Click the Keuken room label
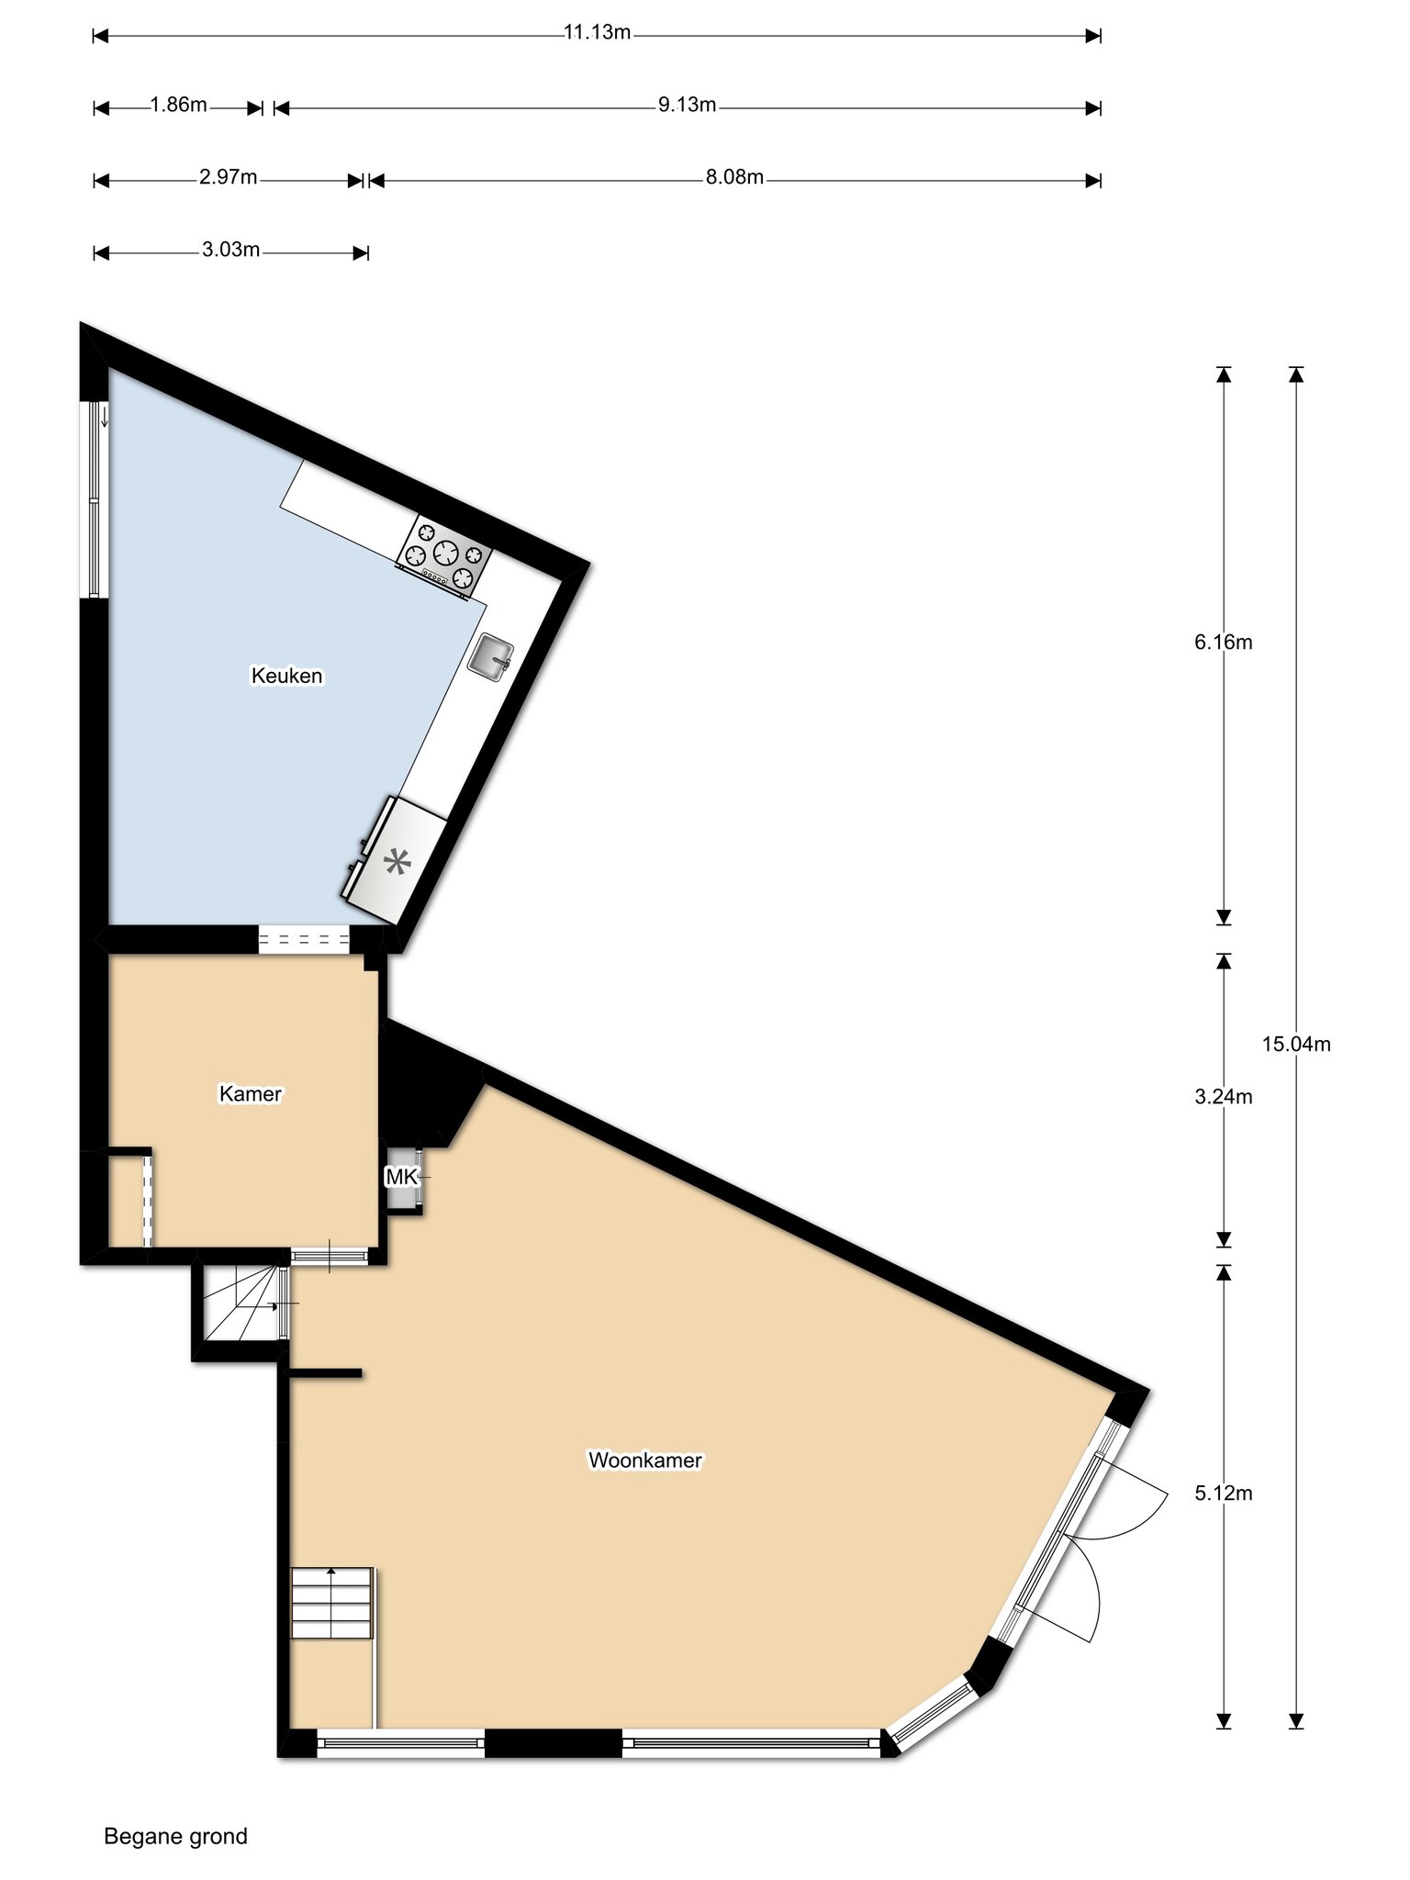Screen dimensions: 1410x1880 287,676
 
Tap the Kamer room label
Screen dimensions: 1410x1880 250,1093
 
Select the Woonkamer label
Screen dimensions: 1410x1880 645,1460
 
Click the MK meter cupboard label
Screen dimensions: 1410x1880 401,1177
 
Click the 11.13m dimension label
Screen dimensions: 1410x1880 597,32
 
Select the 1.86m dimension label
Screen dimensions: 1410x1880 179,105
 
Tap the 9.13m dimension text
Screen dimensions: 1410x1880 687,105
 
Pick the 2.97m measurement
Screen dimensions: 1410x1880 229,177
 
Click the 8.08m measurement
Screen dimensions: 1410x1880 734,177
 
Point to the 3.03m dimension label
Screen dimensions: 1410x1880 231,250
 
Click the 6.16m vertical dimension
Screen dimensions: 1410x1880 1224,643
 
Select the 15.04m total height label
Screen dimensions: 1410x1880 1296,1044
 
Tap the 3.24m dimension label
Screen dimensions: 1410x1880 1224,1096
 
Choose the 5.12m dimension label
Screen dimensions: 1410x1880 1224,1493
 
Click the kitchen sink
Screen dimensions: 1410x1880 490,656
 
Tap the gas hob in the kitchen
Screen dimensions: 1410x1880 444,556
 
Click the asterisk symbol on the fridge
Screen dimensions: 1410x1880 397,862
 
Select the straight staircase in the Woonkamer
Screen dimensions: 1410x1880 332,1603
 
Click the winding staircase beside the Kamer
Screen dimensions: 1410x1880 241,1303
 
